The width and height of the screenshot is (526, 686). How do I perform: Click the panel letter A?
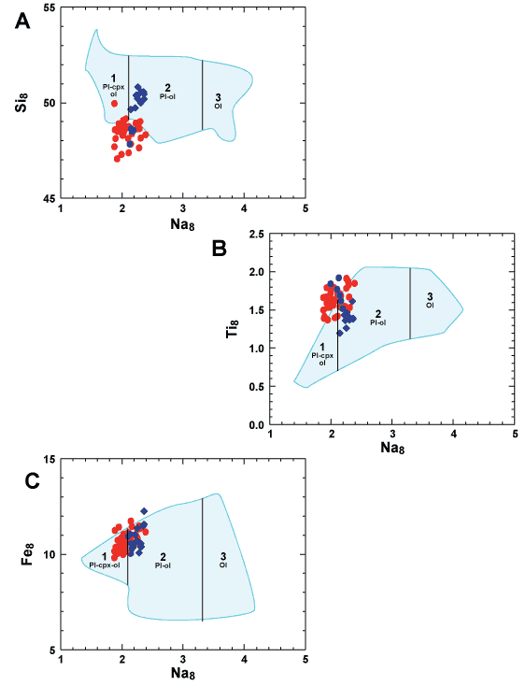click(x=22, y=21)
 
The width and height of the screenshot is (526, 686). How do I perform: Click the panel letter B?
click(x=219, y=248)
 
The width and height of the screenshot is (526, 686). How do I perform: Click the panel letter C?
click(x=33, y=480)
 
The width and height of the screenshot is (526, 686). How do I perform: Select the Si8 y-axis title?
click(x=21, y=102)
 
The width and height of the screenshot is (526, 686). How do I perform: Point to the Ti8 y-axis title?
click(x=232, y=328)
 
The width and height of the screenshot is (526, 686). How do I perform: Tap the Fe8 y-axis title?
click(x=27, y=554)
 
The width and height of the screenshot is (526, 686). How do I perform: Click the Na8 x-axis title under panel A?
click(x=182, y=224)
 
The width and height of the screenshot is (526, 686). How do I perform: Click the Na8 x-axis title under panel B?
click(x=392, y=447)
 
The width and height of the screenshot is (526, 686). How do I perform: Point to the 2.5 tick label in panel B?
click(x=257, y=235)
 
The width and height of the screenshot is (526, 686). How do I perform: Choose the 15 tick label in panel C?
click(x=50, y=460)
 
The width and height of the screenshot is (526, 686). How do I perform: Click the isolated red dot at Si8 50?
click(x=115, y=104)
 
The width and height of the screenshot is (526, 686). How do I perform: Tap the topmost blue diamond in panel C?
click(x=144, y=511)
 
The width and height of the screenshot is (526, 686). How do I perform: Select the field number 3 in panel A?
click(x=219, y=97)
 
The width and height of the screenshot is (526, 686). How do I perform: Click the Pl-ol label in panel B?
click(x=378, y=322)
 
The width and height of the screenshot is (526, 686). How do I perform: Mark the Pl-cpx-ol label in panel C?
click(x=105, y=565)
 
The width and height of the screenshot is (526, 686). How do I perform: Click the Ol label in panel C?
click(x=223, y=565)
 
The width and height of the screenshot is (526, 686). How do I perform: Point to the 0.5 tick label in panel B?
click(x=257, y=387)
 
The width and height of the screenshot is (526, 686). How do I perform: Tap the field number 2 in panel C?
click(x=163, y=556)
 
